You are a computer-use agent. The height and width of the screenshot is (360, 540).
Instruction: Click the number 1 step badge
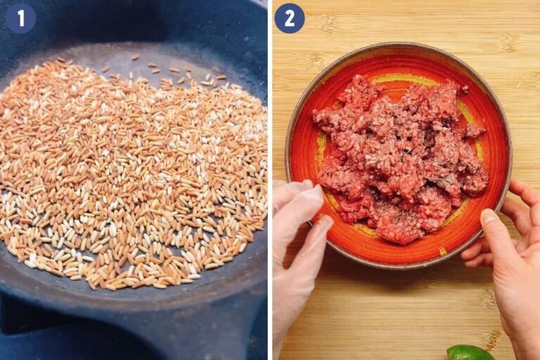[20, 18]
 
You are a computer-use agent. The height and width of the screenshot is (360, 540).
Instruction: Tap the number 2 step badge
[289, 18]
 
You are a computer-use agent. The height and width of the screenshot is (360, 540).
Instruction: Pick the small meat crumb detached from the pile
[464, 89]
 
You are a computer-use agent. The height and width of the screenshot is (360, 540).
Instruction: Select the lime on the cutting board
[469, 352]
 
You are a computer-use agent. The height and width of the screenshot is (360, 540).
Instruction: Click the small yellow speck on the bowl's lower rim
[442, 251]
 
